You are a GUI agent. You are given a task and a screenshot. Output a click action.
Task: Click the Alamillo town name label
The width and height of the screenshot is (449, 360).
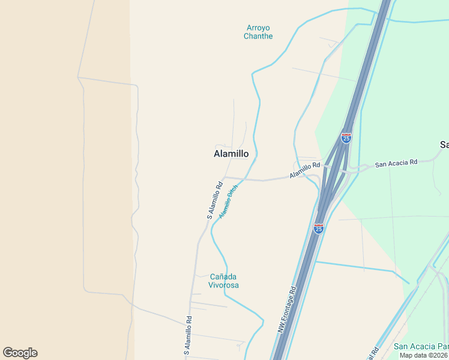click(x=231, y=154)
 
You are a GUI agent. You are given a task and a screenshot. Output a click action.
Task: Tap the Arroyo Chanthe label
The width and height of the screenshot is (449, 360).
click(x=258, y=32)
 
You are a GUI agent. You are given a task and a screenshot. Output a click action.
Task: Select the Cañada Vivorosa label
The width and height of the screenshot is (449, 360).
click(x=224, y=281)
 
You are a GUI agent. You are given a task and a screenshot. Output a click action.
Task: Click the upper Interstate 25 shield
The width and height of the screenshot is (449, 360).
click(x=346, y=138)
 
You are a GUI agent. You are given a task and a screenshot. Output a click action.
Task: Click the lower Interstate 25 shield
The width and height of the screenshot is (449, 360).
click(x=319, y=229)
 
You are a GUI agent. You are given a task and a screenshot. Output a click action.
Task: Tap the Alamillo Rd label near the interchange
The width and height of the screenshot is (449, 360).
click(x=306, y=170)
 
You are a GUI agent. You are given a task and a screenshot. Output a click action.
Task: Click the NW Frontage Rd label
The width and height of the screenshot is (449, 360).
click(x=286, y=310)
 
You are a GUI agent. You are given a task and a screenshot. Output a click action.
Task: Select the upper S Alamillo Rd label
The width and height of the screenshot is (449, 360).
click(x=211, y=199)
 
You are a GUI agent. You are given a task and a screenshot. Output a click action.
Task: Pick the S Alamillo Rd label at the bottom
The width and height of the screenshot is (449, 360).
click(x=187, y=335)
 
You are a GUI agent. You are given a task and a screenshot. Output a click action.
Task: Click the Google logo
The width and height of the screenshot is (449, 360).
click(x=20, y=353)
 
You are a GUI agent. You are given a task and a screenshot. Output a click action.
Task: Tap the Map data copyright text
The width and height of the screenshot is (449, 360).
click(x=424, y=355)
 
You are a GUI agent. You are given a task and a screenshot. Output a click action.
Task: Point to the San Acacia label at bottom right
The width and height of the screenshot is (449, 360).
click(x=421, y=346)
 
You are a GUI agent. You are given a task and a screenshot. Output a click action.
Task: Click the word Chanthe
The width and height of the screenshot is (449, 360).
click(x=258, y=36)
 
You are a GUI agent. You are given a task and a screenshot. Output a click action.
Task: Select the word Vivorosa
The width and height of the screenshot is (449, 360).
click(x=224, y=285)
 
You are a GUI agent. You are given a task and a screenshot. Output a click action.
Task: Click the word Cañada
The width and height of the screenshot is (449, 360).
click(x=224, y=277)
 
